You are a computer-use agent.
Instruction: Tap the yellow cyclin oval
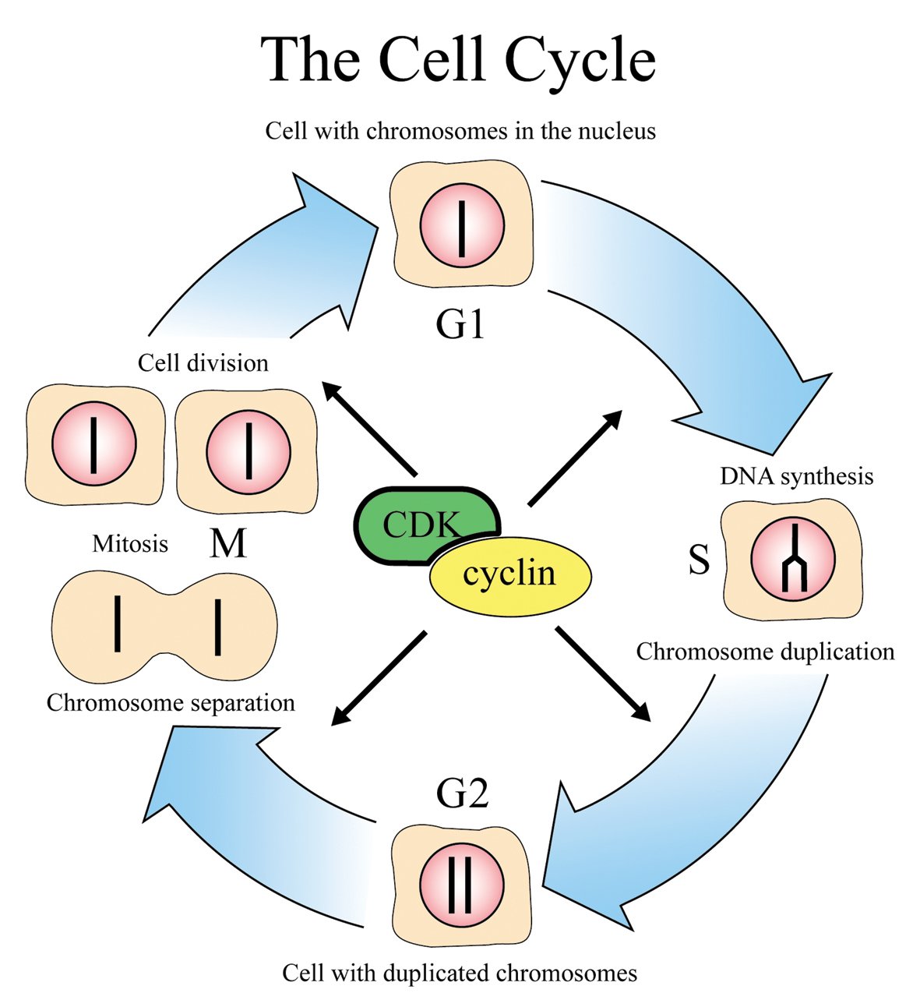point(510,575)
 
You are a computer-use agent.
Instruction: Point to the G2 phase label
point(462,793)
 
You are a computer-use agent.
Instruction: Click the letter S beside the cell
point(699,560)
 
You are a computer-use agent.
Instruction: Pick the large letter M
point(227,543)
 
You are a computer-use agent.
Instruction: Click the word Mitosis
point(130,543)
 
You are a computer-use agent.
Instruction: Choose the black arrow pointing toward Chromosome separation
point(379,677)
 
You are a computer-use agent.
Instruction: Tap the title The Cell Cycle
point(459,60)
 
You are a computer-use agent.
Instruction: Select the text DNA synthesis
point(796,476)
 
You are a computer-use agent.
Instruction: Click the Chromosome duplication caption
point(765,652)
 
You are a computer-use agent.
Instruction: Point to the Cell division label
point(203,362)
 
